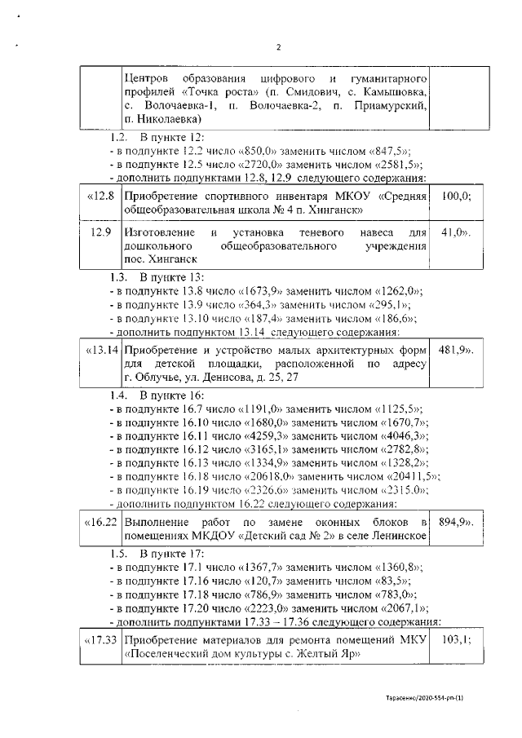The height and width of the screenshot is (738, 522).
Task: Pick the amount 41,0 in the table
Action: (456, 232)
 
